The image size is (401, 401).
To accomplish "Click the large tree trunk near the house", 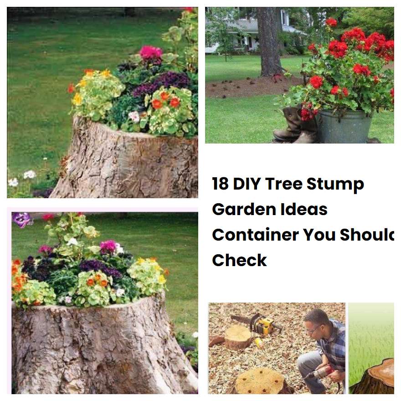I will [x=269, y=41].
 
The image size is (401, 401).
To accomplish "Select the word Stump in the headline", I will [x=335, y=184].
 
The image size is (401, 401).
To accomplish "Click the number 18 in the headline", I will [x=221, y=184].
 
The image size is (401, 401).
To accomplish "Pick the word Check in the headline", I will [x=239, y=260].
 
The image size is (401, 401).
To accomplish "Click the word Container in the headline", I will [x=255, y=235].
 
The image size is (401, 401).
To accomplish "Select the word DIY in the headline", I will [x=247, y=184].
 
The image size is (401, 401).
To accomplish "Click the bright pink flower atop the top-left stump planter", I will [x=150, y=52].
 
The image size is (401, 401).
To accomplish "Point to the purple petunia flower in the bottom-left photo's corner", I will [x=21, y=219].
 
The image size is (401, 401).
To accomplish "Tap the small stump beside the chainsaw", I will [x=237, y=337].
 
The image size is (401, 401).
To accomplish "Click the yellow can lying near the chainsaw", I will [x=259, y=342].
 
